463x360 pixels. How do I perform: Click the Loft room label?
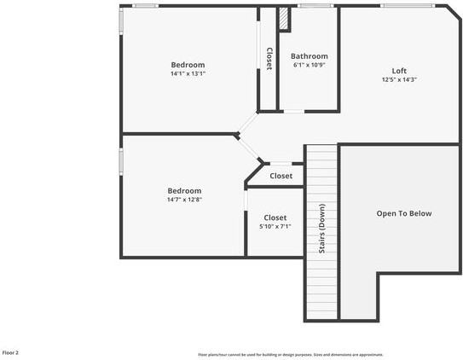[x=399, y=71]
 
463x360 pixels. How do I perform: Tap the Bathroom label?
[x=310, y=56]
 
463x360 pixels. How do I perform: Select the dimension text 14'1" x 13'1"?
[x=188, y=74]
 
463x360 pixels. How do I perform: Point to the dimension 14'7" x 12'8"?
[x=184, y=200]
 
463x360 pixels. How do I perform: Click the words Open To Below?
[x=404, y=213]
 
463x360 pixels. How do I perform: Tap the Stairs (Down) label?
[x=322, y=228]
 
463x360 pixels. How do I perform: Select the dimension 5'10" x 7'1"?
[x=275, y=227]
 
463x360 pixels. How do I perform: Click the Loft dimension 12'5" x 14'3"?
[x=399, y=80]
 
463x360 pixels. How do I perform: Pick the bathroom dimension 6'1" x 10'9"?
[x=310, y=66]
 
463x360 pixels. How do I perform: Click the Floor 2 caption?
[x=10, y=351]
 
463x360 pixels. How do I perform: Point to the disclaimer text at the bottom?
[x=290, y=354]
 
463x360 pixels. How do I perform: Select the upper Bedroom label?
[x=188, y=65]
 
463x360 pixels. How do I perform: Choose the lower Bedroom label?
[x=184, y=190]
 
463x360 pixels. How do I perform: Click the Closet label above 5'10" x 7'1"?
[x=275, y=218]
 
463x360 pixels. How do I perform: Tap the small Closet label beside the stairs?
[x=281, y=176]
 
